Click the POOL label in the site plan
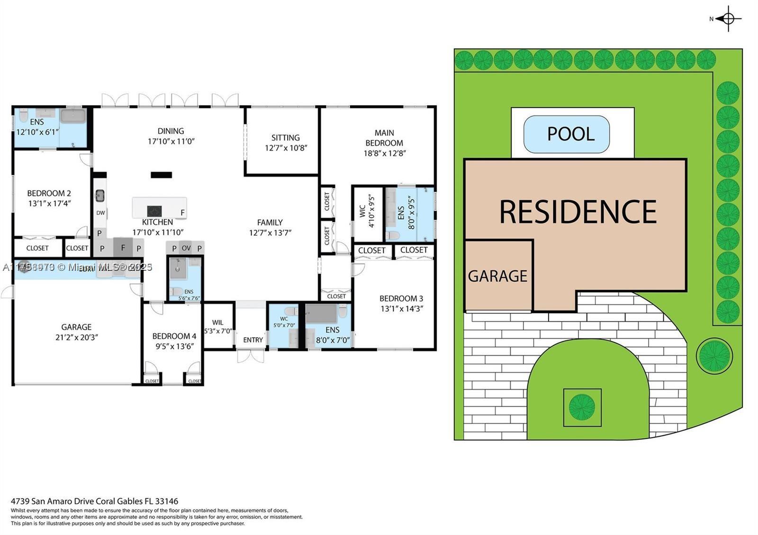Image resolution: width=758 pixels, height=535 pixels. [570, 134]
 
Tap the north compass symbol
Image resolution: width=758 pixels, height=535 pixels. [728, 19]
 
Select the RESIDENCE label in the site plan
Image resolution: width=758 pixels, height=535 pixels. [578, 211]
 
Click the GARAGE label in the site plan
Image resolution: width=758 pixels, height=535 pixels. [497, 276]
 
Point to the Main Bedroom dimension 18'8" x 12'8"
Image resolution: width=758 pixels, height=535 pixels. [384, 153]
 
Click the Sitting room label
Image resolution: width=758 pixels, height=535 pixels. [285, 138]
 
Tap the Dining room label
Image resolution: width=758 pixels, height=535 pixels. [171, 131]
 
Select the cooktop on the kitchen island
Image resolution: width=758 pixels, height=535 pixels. [154, 211]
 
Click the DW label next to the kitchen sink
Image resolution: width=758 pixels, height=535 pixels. [100, 213]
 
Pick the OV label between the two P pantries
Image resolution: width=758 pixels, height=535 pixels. [186, 248]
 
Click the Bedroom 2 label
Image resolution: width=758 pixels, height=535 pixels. [49, 193]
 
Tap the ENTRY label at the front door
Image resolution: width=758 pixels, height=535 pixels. [253, 340]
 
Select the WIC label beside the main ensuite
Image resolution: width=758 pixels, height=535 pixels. [362, 211]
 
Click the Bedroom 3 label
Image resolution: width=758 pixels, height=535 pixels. [401, 298]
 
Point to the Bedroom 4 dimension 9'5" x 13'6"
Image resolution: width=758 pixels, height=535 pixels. [174, 346]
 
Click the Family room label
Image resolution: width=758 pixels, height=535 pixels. [270, 223]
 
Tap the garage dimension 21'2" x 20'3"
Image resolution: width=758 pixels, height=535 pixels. [76, 337]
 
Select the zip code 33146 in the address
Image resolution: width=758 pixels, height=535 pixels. [168, 501]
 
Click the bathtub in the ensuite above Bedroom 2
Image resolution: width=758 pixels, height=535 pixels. [72, 116]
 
